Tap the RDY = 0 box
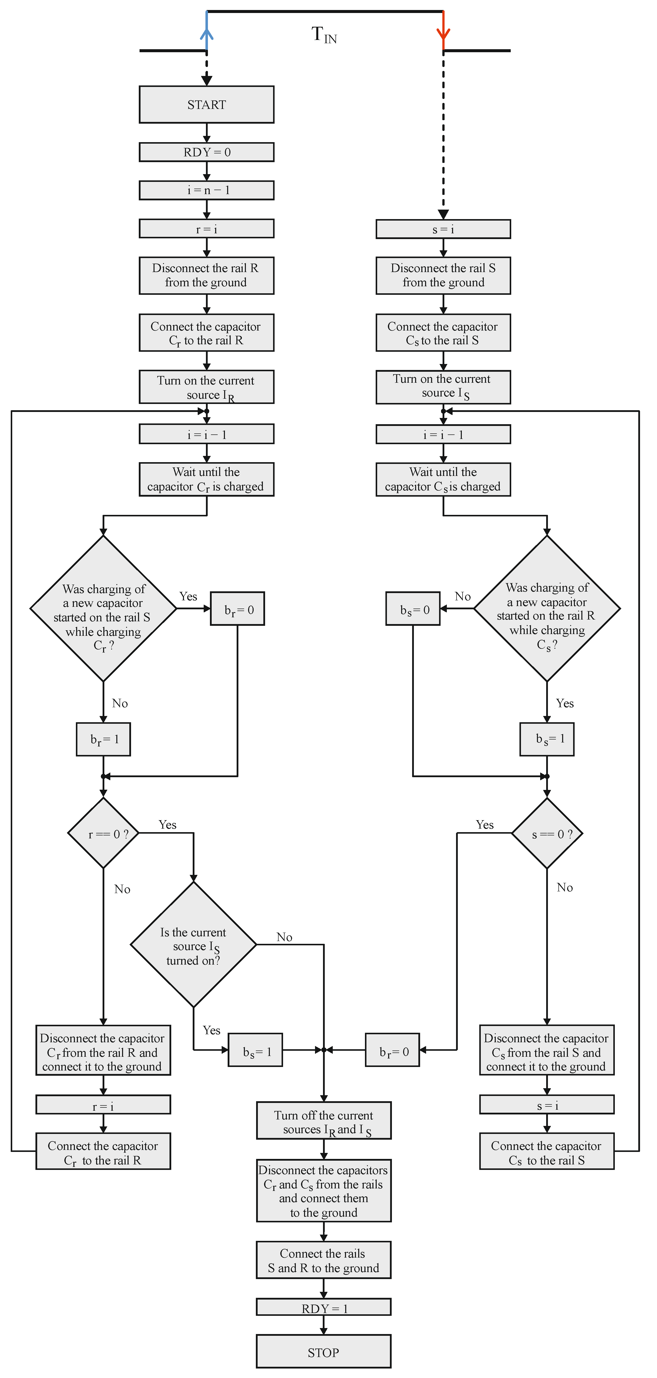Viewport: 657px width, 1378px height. point(206,152)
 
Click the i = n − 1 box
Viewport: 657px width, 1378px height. point(206,190)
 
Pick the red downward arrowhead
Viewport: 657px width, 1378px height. point(443,33)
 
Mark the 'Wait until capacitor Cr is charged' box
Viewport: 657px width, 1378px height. point(206,479)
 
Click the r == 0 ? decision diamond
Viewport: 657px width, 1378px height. point(103,833)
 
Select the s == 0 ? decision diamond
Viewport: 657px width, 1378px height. point(547,833)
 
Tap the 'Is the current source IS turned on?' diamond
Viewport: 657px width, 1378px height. point(193,945)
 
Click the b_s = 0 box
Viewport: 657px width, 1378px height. point(413,609)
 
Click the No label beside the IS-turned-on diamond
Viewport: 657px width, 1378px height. point(284,937)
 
